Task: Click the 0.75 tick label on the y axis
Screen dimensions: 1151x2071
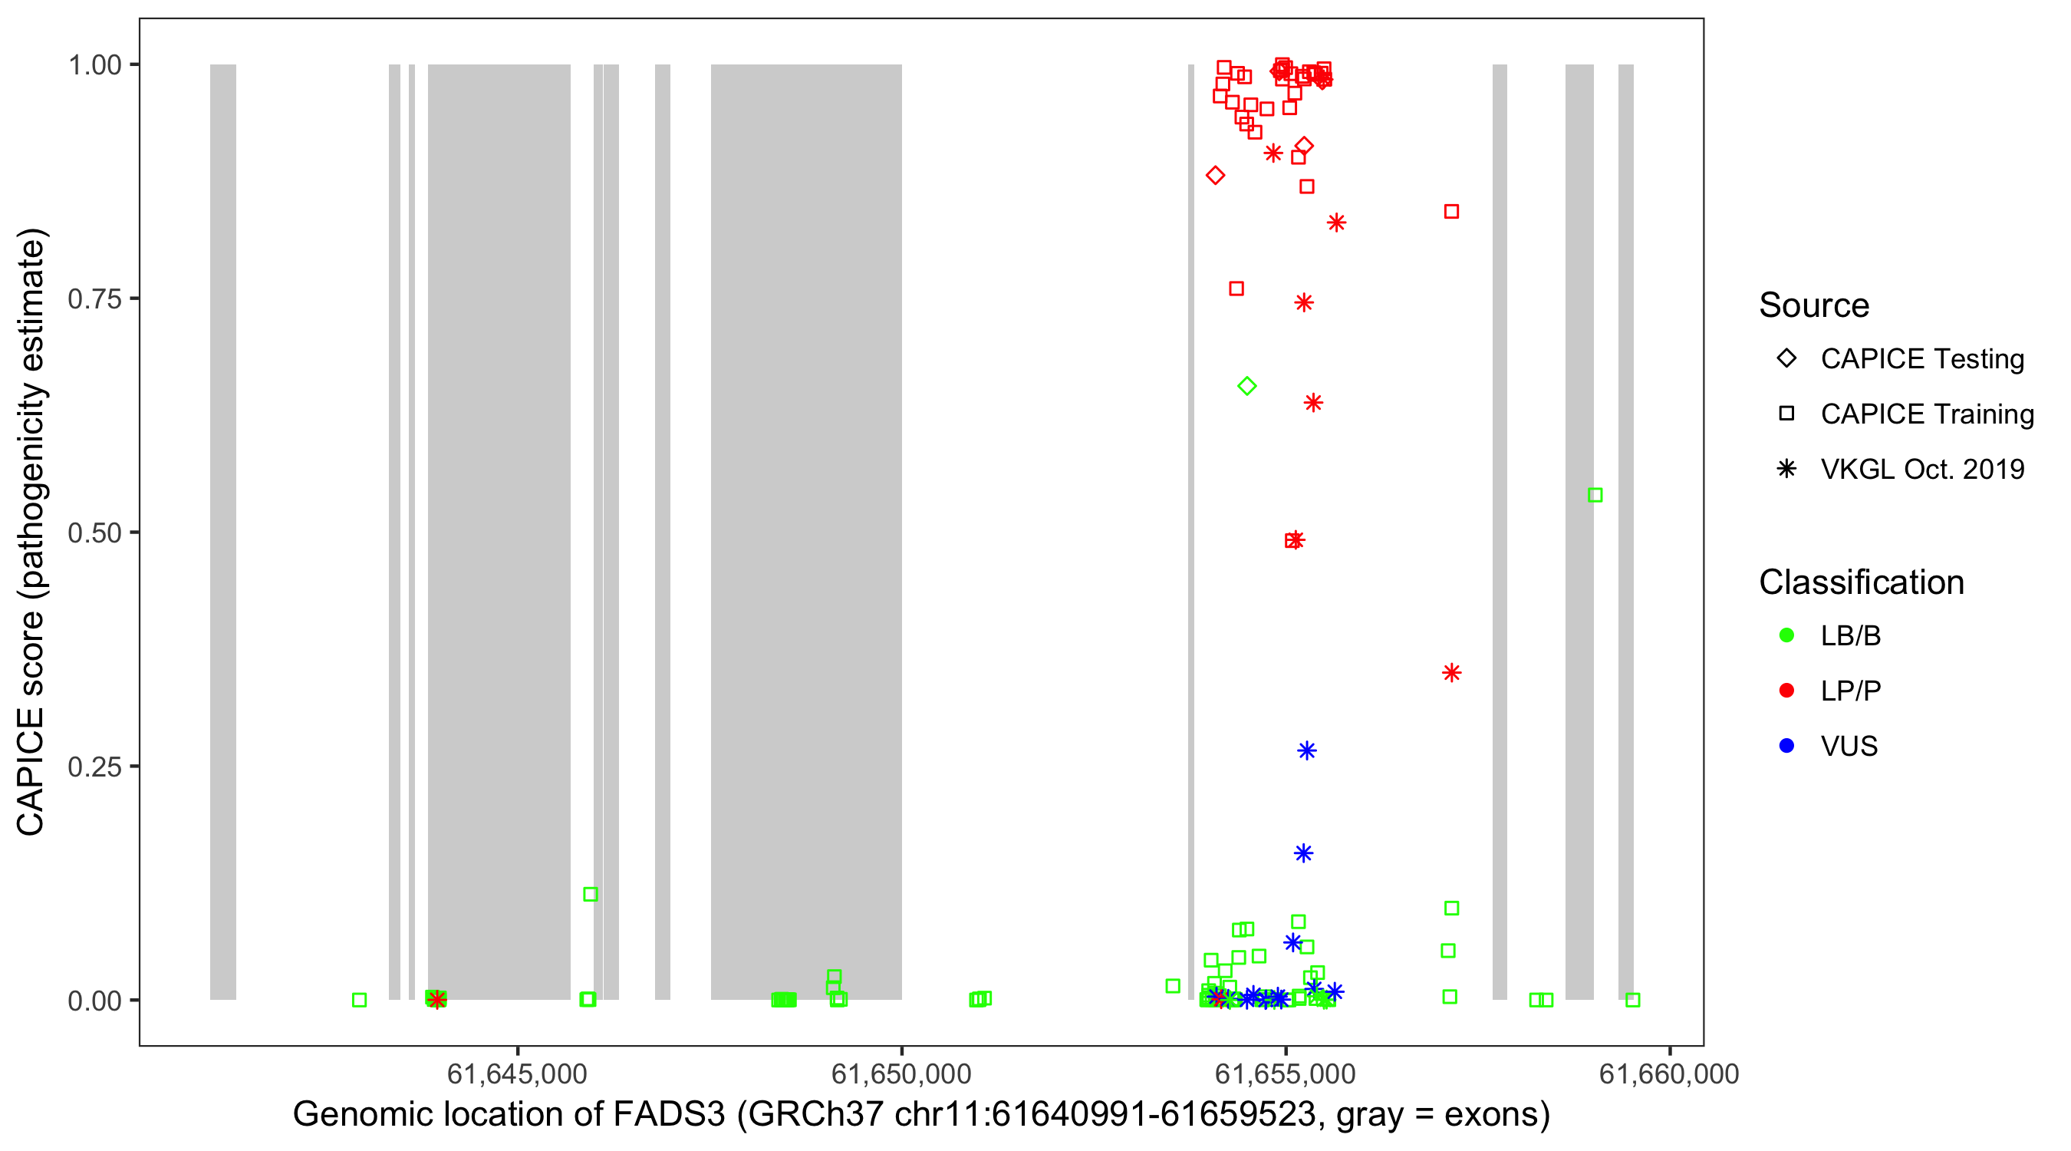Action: [x=94, y=299]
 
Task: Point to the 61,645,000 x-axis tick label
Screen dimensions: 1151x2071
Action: [x=517, y=1073]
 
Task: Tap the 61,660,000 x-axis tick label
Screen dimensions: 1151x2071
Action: [x=1669, y=1073]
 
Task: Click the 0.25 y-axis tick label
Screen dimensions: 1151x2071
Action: [x=94, y=767]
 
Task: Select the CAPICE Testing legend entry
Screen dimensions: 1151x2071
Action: [x=1921, y=359]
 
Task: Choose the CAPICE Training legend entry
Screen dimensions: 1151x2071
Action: [x=1926, y=414]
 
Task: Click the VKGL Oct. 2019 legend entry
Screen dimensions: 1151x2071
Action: [x=1921, y=469]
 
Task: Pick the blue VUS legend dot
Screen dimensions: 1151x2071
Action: [x=1786, y=746]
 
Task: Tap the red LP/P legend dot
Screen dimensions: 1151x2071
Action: [x=1786, y=691]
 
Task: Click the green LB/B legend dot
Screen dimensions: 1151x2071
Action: [x=1786, y=635]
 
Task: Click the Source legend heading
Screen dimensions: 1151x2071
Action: [x=1814, y=305]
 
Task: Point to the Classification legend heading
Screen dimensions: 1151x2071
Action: [x=1861, y=582]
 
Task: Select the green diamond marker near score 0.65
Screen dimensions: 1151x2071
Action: [x=1247, y=386]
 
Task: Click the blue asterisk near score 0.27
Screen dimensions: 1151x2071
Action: [x=1307, y=750]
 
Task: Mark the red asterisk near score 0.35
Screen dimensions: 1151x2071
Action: [x=1451, y=672]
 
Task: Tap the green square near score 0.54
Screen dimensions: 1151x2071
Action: [x=1595, y=496]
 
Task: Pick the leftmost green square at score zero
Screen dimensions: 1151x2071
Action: [x=360, y=1000]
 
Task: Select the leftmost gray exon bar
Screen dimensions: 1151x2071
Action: [x=223, y=531]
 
